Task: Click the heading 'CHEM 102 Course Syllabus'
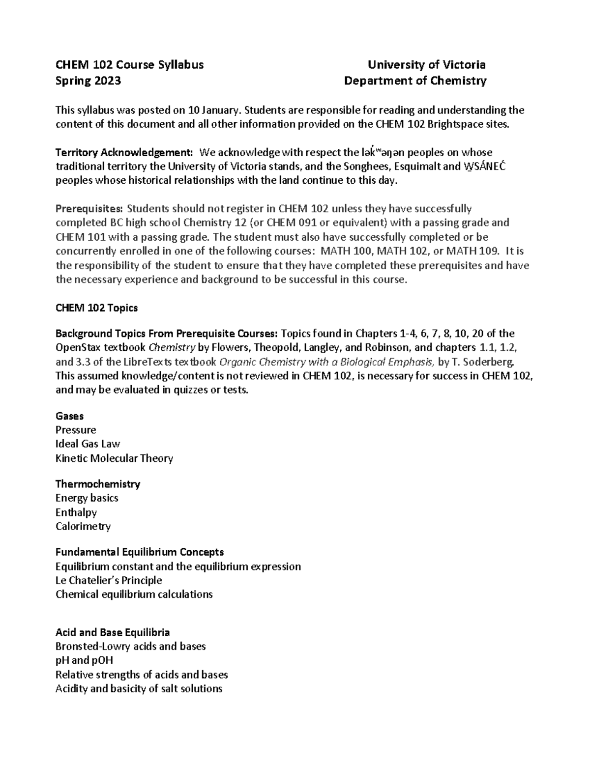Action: pyautogui.click(x=129, y=65)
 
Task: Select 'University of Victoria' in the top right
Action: pyautogui.click(x=427, y=65)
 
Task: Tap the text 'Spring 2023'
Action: pyautogui.click(x=88, y=81)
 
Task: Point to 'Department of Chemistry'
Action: pyautogui.click(x=415, y=81)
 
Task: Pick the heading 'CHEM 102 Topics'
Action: pyautogui.click(x=96, y=308)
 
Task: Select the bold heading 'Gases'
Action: pyautogui.click(x=69, y=416)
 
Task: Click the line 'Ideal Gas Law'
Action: pyautogui.click(x=88, y=444)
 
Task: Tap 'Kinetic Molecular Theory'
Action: pyautogui.click(x=114, y=458)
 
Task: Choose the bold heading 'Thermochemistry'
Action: pyautogui.click(x=98, y=484)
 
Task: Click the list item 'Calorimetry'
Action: pyautogui.click(x=83, y=527)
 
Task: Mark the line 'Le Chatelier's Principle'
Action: pyautogui.click(x=109, y=580)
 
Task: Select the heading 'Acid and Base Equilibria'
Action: pyautogui.click(x=113, y=632)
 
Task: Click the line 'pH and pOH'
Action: pyautogui.click(x=85, y=660)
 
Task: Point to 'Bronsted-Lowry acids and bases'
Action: pyautogui.click(x=130, y=647)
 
